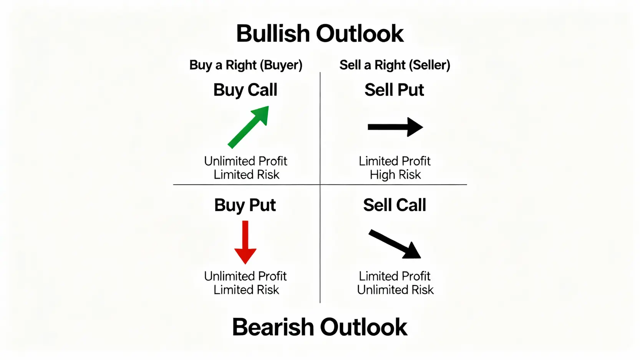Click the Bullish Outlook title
tap(320, 33)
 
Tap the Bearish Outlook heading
tap(320, 327)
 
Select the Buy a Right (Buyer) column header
tap(246, 65)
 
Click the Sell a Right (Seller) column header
tap(395, 65)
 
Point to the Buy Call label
tap(245, 90)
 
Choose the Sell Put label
tap(394, 90)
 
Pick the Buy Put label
tap(245, 205)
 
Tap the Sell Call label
tap(395, 205)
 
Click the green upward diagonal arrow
tap(248, 127)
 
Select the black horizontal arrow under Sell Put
tap(395, 127)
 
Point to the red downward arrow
tap(245, 242)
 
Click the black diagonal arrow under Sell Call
tap(395, 244)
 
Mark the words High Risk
tap(395, 174)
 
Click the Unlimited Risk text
tap(395, 290)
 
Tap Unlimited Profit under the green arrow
tap(245, 161)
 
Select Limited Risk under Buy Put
tap(246, 290)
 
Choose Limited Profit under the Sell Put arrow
tap(395, 161)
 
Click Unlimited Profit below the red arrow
tap(245, 276)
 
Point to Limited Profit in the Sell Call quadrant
tap(395, 276)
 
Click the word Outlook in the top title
tap(360, 33)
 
